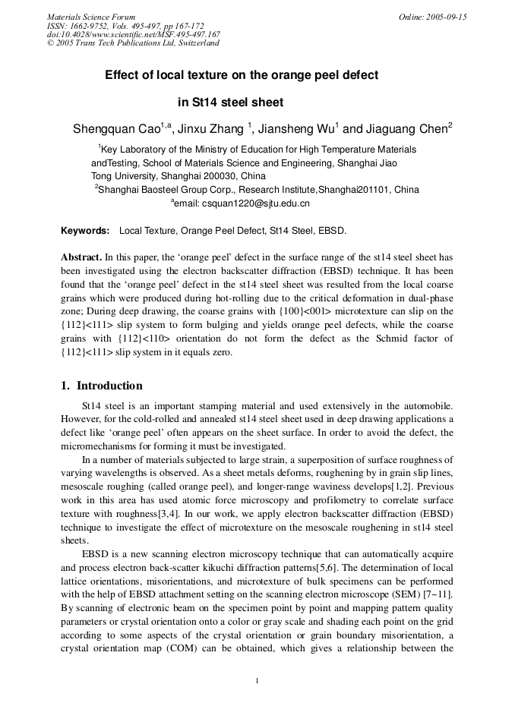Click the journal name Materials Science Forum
coord(91,17)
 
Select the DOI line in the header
coord(134,34)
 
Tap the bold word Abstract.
coord(81,257)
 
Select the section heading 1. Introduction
coord(102,386)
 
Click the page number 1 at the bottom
coord(257,679)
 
